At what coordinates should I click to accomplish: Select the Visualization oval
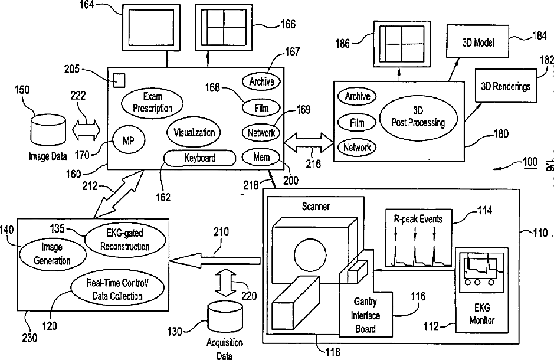194,133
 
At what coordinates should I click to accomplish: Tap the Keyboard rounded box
200,158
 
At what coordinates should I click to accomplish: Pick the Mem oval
261,158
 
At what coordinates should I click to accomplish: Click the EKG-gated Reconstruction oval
123,241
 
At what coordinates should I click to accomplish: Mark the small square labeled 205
119,78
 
